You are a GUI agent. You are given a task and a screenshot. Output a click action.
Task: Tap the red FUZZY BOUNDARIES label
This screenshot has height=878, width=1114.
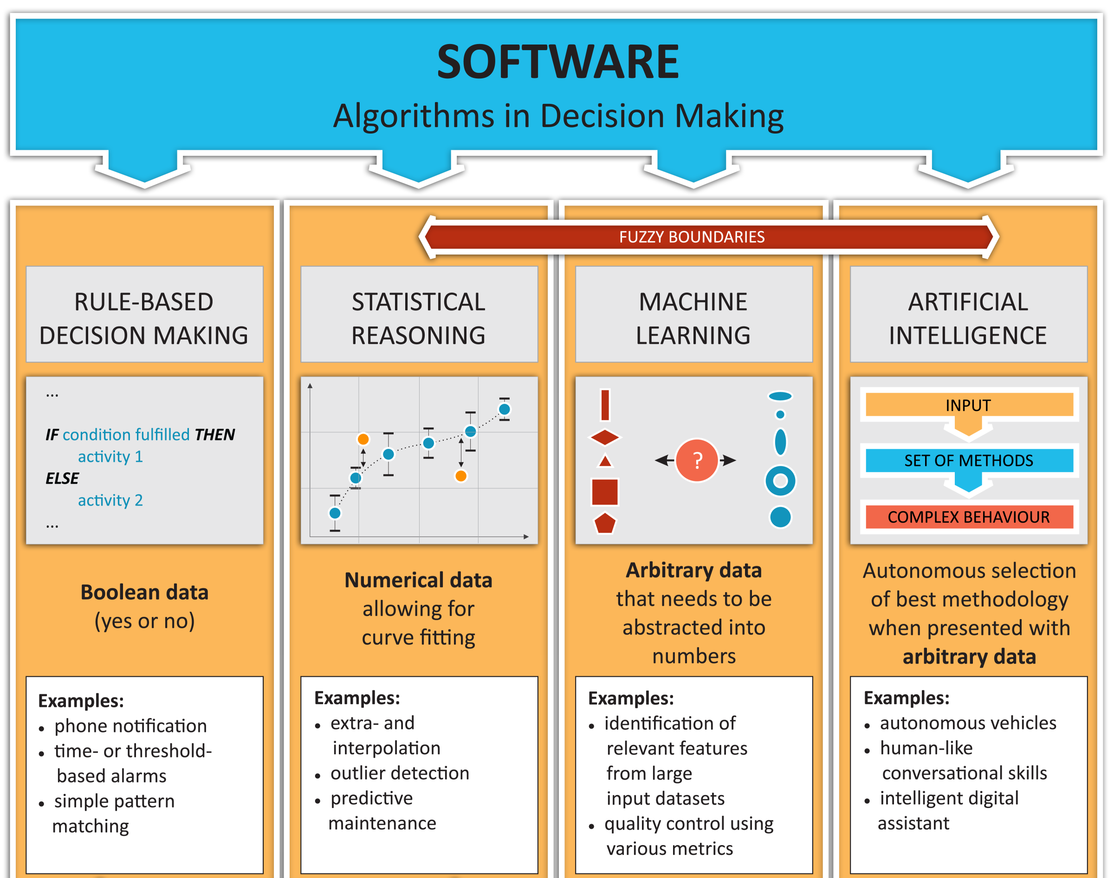tap(691, 237)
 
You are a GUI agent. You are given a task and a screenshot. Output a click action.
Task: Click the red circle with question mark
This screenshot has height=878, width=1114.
tap(697, 460)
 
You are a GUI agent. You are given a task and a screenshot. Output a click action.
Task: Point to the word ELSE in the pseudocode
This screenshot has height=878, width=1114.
tap(62, 478)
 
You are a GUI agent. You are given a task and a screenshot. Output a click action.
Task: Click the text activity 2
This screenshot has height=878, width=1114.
tap(110, 500)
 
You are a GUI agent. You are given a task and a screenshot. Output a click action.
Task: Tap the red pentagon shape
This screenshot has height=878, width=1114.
tap(605, 523)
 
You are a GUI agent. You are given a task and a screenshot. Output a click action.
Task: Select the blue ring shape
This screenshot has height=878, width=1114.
tap(780, 481)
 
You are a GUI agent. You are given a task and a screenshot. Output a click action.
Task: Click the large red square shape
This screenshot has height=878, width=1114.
tap(605, 492)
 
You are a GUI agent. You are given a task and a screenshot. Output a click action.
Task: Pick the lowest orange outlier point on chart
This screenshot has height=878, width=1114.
tap(461, 476)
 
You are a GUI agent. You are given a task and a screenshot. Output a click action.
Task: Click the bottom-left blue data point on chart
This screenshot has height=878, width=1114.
tap(335, 513)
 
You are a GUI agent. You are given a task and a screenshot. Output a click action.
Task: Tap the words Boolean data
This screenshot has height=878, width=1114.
tap(144, 592)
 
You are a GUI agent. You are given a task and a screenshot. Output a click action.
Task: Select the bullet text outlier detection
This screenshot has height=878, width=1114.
tap(400, 773)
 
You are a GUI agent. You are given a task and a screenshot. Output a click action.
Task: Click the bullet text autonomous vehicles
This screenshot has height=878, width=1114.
tap(967, 723)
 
